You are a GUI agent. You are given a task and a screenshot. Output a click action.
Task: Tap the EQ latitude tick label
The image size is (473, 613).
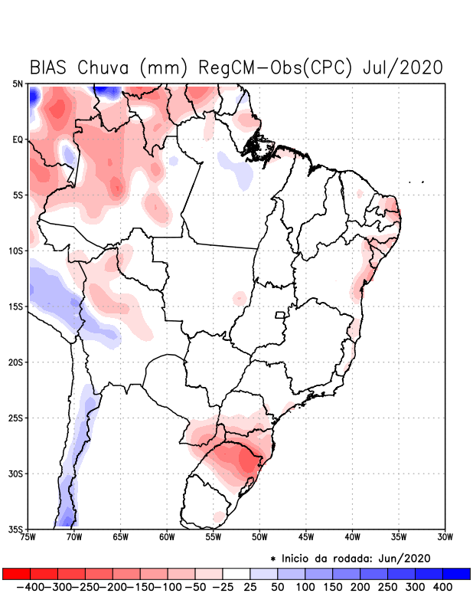[x=18, y=139]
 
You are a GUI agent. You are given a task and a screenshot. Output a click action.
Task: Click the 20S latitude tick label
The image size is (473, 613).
[x=16, y=362]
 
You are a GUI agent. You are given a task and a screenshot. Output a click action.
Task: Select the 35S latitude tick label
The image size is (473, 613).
[x=16, y=529]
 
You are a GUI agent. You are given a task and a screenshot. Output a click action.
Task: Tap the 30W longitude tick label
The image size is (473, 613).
[x=445, y=537]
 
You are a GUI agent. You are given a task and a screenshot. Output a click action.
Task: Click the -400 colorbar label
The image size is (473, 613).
[x=31, y=587]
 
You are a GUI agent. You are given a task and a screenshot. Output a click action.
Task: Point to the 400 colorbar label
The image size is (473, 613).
[x=442, y=587]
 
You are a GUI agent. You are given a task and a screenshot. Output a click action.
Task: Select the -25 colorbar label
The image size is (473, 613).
[x=223, y=587]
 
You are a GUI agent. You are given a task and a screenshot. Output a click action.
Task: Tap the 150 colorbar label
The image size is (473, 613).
[x=333, y=587]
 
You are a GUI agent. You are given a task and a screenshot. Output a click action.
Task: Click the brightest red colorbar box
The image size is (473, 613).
[x=17, y=574]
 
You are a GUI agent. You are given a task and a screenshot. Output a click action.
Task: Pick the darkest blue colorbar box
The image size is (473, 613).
[x=456, y=574]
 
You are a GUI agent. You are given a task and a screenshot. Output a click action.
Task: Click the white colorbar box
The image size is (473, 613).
[x=236, y=574]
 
